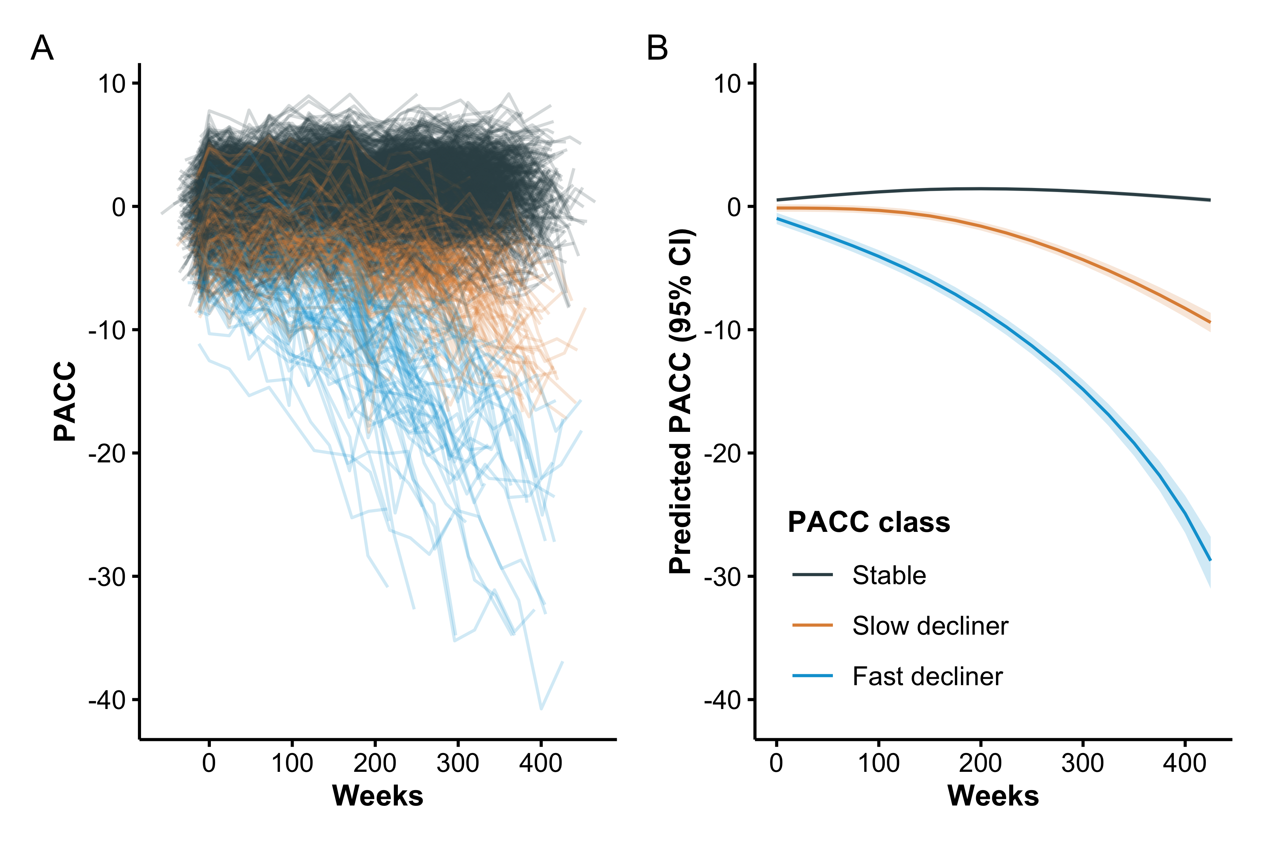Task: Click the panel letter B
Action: click(x=657, y=49)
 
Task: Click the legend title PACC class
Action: click(x=868, y=522)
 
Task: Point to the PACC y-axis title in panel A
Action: click(x=65, y=402)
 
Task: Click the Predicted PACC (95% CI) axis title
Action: click(x=681, y=402)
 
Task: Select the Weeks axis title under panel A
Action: click(x=377, y=796)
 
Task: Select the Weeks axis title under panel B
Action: click(x=993, y=796)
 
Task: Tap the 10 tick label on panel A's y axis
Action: click(x=111, y=84)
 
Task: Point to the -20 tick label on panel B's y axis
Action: click(x=722, y=454)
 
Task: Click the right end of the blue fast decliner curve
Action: click(x=1210, y=560)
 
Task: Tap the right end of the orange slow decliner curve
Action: click(x=1210, y=322)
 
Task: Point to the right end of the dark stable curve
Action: click(x=1210, y=200)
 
